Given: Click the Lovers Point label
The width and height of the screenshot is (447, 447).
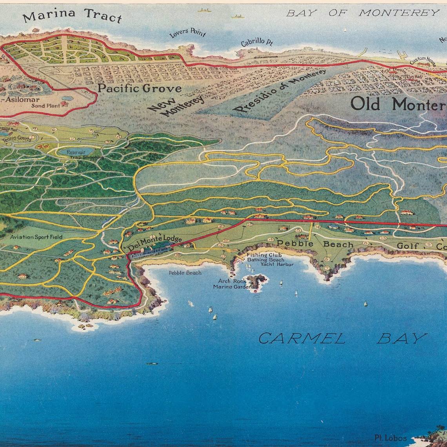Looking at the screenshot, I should pyautogui.click(x=187, y=33).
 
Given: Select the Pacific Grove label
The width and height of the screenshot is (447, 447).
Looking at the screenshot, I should pyautogui.click(x=139, y=88).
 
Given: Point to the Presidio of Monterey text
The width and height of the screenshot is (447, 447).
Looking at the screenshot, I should pyautogui.click(x=280, y=91).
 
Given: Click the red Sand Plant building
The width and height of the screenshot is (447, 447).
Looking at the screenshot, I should pyautogui.click(x=64, y=104).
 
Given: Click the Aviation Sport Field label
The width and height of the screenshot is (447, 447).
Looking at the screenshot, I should pyautogui.click(x=36, y=237).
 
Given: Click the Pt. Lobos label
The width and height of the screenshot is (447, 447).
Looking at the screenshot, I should pyautogui.click(x=390, y=438).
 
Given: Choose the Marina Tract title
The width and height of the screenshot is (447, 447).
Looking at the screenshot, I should pyautogui.click(x=72, y=16).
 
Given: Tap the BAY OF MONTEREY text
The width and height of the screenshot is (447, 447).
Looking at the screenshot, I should pyautogui.click(x=363, y=13).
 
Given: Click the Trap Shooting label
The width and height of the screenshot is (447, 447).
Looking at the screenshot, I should pyautogui.click(x=87, y=157).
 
